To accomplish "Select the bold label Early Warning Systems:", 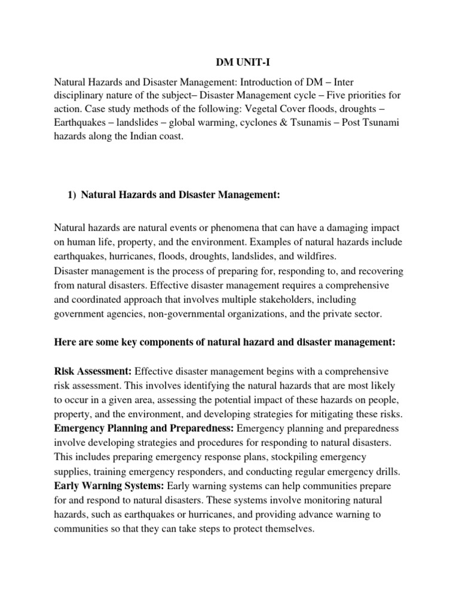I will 110,485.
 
